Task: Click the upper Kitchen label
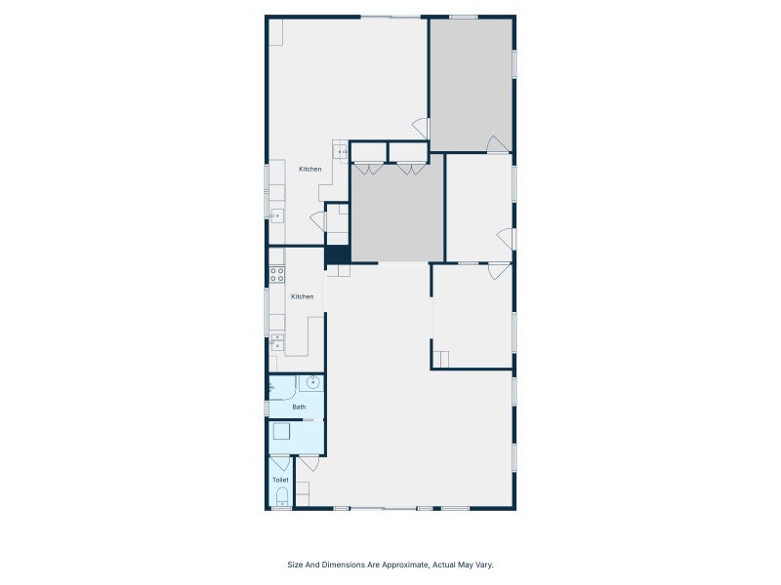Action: point(309,170)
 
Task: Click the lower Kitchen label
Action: point(302,296)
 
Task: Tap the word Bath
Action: point(299,407)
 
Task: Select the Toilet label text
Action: point(280,480)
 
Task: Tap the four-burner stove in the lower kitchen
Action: point(277,274)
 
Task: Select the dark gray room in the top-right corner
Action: point(472,84)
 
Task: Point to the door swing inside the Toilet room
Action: point(280,463)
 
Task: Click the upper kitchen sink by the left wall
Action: point(276,215)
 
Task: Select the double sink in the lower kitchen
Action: point(277,341)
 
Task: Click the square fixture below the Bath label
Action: point(281,432)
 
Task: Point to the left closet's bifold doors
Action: point(369,169)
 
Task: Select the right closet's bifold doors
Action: point(410,169)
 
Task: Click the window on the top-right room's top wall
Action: point(464,17)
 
